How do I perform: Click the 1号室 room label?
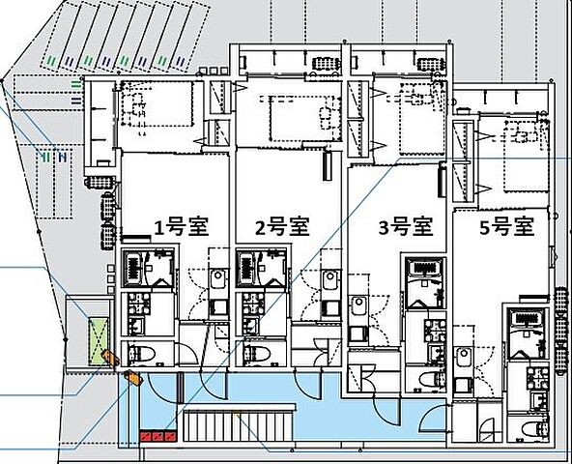tap(182, 228)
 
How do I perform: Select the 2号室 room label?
tap(281, 228)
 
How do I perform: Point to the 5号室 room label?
tap(507, 228)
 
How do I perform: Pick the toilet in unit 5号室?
tap(529, 426)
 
